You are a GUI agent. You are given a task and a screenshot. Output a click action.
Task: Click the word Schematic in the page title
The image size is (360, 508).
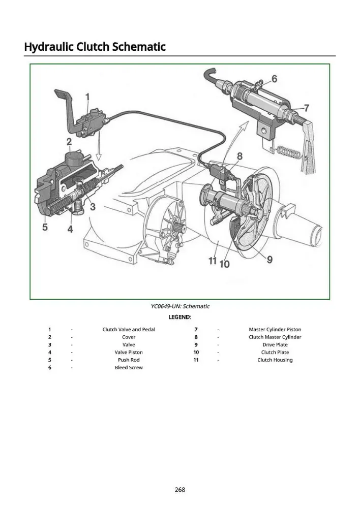(139, 47)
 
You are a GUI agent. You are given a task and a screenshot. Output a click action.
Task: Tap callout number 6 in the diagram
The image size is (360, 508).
(274, 79)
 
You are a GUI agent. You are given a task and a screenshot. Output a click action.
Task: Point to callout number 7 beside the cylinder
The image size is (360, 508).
(307, 108)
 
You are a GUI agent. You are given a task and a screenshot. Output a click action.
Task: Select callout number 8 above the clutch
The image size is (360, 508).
(239, 156)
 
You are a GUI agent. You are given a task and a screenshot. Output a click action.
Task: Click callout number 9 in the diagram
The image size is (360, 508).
(269, 259)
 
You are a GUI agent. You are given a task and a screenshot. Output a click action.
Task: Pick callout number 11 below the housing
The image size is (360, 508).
(213, 261)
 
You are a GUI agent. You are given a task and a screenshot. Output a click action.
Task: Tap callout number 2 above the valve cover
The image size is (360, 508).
(69, 142)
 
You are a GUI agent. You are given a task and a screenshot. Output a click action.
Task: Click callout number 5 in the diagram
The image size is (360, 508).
(45, 227)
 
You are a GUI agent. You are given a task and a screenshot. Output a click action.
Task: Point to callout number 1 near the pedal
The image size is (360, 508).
(87, 97)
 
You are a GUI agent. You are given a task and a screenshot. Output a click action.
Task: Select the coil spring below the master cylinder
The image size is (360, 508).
(288, 151)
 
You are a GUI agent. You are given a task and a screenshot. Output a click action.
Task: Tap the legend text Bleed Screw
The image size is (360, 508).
(129, 367)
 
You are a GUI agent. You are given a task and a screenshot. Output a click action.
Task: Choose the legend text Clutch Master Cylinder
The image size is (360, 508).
(275, 337)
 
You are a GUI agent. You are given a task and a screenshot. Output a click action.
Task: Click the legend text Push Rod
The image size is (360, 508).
(129, 360)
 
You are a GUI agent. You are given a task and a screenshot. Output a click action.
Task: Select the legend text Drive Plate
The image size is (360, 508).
(275, 345)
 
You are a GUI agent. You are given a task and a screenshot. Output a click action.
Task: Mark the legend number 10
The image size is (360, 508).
(196, 352)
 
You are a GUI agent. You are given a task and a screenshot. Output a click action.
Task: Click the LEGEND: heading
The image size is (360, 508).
(180, 317)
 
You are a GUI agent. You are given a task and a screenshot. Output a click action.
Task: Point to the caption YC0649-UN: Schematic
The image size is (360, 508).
(180, 306)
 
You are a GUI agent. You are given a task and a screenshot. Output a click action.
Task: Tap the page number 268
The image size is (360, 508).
(180, 489)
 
